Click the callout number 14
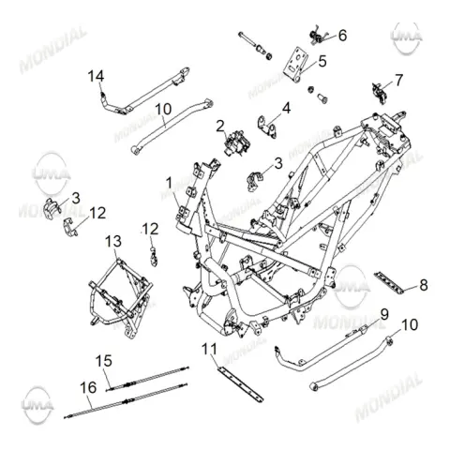pyautogui.click(x=96, y=76)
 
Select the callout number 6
pyautogui.click(x=342, y=36)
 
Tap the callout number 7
pyautogui.click(x=398, y=81)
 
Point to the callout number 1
pyautogui.click(x=169, y=183)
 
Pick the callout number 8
pyautogui.click(x=424, y=285)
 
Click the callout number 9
pyautogui.click(x=384, y=314)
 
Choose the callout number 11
pyautogui.click(x=209, y=349)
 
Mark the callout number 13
pyautogui.click(x=113, y=241)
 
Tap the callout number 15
pyautogui.click(x=103, y=361)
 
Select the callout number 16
pyautogui.click(x=88, y=388)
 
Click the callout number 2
pyautogui.click(x=220, y=127)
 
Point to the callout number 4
pyautogui.click(x=286, y=108)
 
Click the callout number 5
pyautogui.click(x=322, y=61)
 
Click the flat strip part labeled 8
pyautogui.click(x=388, y=283)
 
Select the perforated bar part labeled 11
pyautogui.click(x=241, y=384)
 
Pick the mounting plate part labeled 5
pyautogui.click(x=295, y=65)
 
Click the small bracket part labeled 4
pyautogui.click(x=267, y=127)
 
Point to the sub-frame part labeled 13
pyautogui.click(x=120, y=298)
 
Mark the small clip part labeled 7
pyautogui.click(x=380, y=92)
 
